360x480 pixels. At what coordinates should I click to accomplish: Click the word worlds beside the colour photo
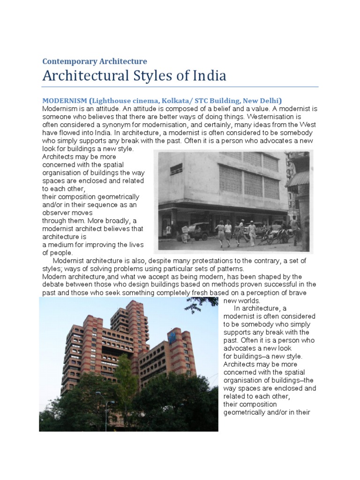pyautogui.click(x=242, y=300)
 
